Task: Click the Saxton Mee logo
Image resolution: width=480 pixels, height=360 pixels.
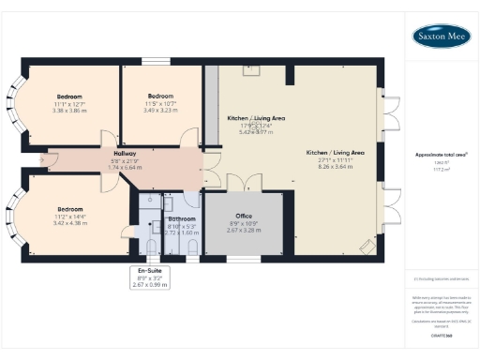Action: click(x=442, y=37)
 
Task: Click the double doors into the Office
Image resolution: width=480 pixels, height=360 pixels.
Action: click(x=241, y=183)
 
